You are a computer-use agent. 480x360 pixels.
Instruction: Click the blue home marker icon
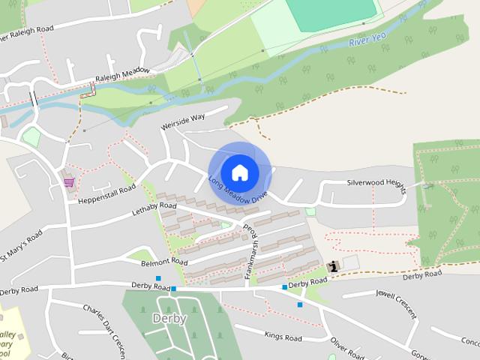click(x=239, y=172)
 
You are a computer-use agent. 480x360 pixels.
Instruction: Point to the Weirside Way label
click(x=182, y=121)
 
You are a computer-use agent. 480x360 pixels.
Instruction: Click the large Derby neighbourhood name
click(x=169, y=318)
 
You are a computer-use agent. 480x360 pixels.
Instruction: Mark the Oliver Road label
click(x=346, y=349)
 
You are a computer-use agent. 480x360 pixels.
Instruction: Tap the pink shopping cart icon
click(x=69, y=181)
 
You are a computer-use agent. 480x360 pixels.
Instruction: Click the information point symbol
click(x=333, y=266)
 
